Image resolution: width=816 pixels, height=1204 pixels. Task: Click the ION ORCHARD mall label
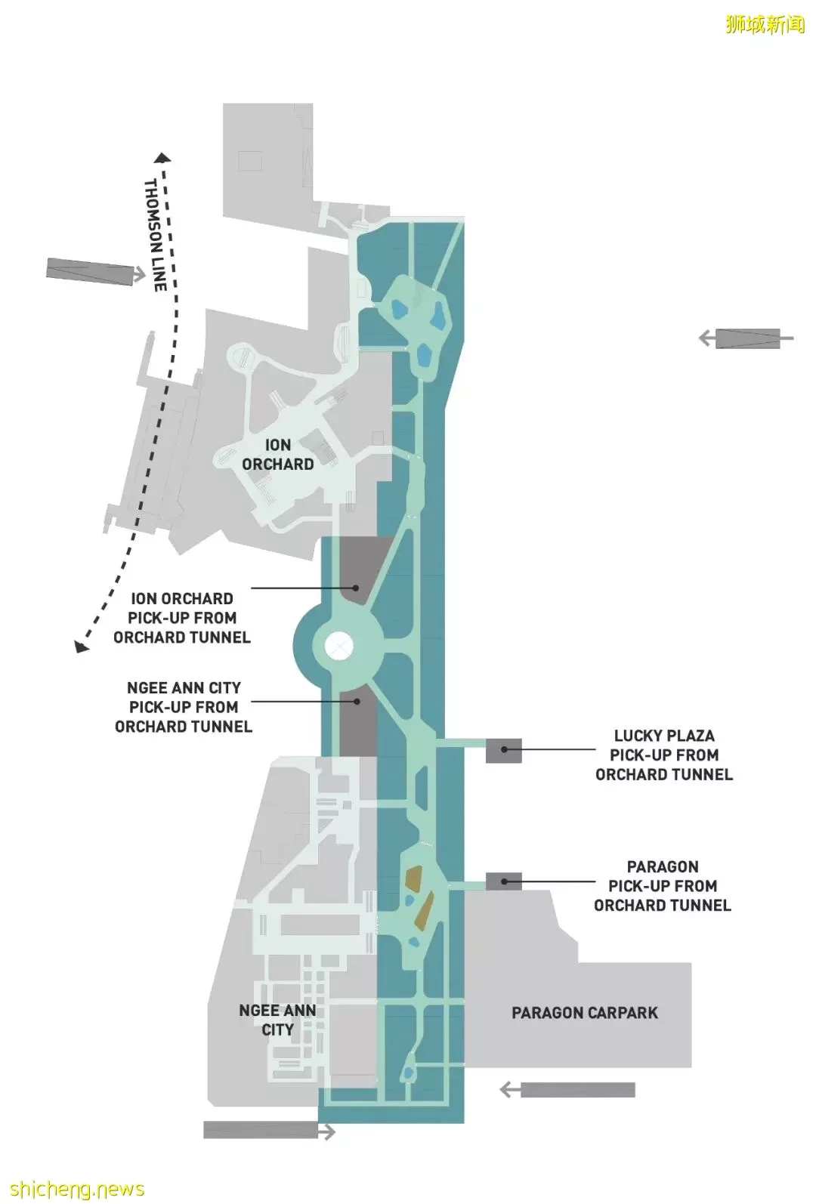277,455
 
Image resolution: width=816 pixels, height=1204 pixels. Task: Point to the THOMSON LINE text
156,236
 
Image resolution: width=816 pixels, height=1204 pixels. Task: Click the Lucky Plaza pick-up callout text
664,755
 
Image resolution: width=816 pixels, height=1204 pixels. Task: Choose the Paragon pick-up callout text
663,886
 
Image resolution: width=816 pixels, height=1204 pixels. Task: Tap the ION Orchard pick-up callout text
182,618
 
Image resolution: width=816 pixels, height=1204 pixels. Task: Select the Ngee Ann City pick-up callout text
184,707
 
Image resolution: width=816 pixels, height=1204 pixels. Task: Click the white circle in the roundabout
339,644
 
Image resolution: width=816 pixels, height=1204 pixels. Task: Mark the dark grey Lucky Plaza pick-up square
504,750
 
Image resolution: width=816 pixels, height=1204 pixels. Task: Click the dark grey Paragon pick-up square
504,881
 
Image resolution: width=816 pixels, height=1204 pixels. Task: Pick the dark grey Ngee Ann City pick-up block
358,721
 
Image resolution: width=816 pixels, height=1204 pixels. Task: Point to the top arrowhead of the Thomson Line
162,157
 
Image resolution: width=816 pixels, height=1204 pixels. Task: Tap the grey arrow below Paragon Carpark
567,1089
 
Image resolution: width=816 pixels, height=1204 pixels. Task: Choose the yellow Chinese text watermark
765,25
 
